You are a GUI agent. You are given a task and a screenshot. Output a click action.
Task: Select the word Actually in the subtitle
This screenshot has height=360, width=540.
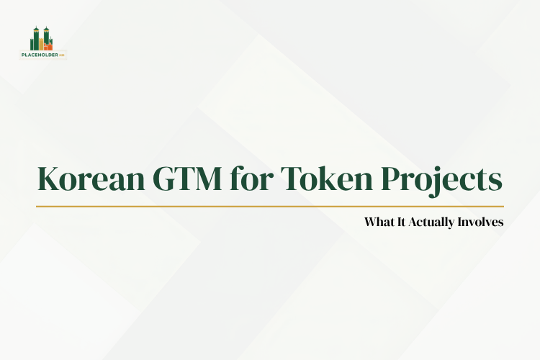click(433, 222)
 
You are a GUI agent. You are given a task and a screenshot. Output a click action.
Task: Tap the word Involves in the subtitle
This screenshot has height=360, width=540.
click(481, 222)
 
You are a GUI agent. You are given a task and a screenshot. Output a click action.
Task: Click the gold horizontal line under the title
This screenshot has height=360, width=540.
click(270, 206)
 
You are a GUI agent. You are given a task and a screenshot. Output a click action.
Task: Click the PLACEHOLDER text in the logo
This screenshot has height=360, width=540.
click(40, 54)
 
